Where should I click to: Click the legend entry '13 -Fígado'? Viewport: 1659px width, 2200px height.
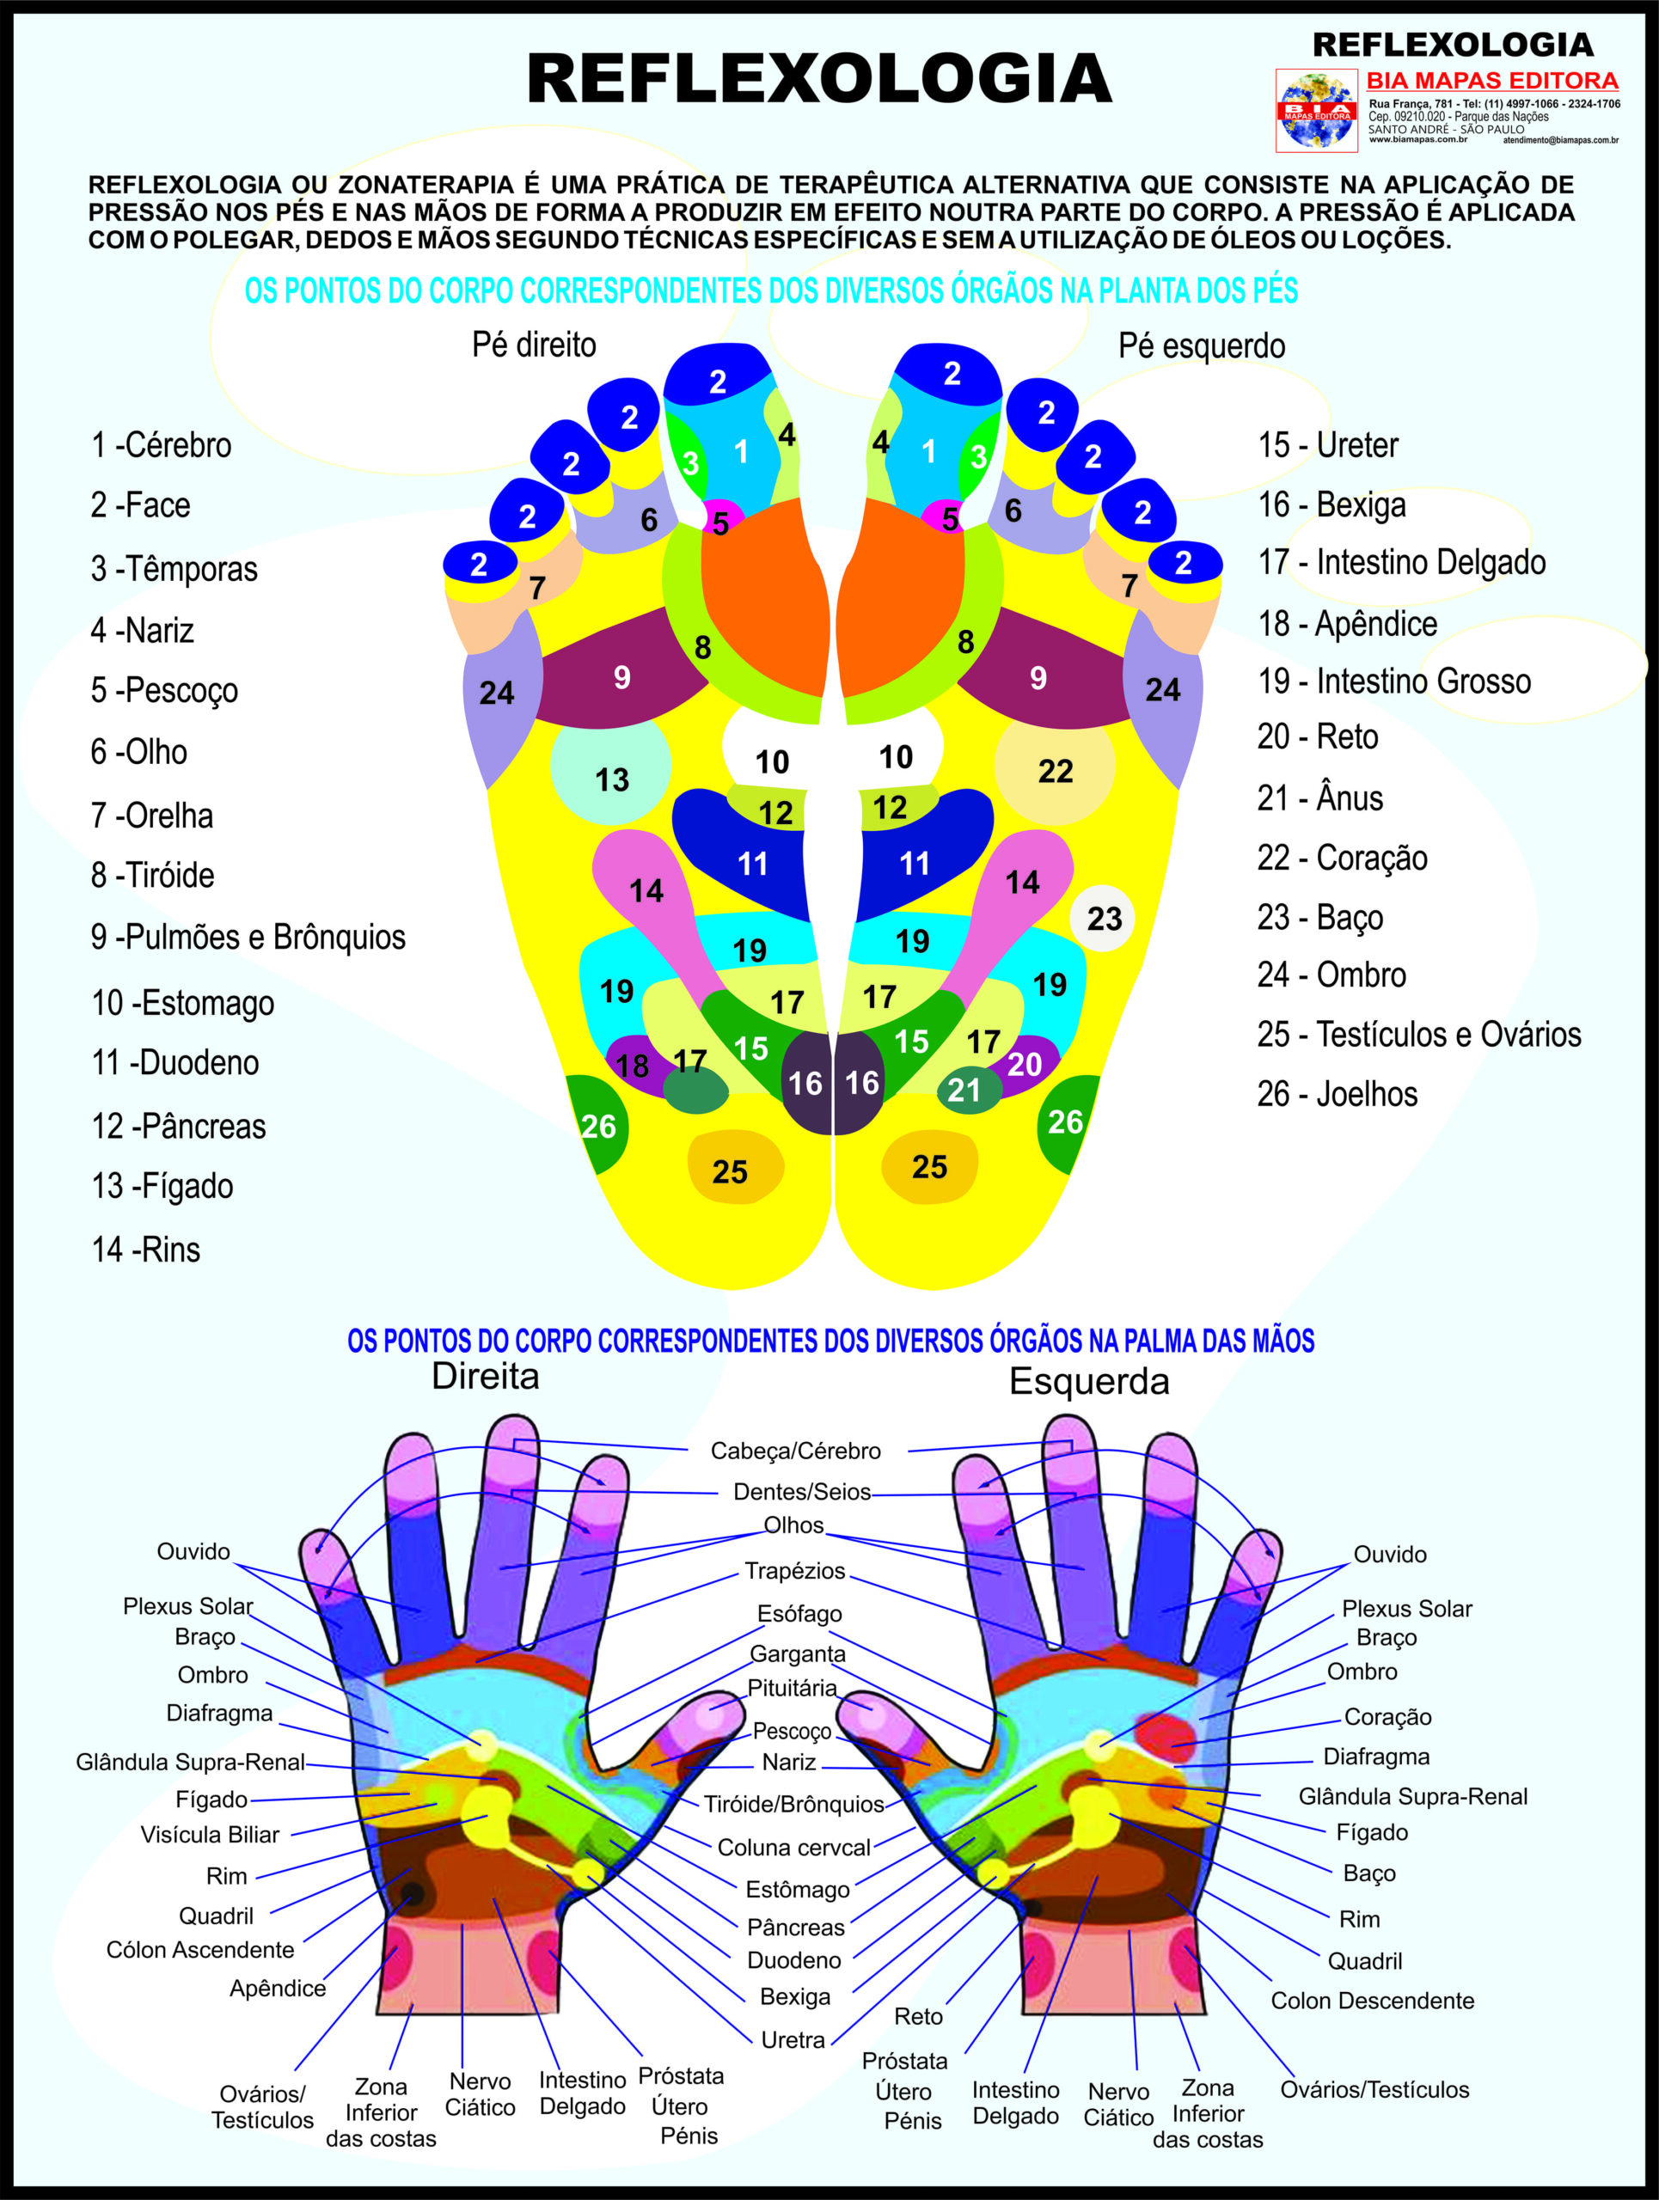tap(162, 1187)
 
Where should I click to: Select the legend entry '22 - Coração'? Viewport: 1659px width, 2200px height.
tap(1342, 858)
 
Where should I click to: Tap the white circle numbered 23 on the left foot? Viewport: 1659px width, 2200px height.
tap(1103, 918)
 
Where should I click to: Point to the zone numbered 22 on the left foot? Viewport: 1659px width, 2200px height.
tap(1054, 771)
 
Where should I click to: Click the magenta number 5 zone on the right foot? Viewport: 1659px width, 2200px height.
tap(720, 519)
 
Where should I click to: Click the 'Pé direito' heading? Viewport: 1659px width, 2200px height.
tap(534, 345)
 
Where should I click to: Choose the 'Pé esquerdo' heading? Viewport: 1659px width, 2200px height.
tap(1202, 346)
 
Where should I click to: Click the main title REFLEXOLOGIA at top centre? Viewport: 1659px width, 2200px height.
tap(818, 80)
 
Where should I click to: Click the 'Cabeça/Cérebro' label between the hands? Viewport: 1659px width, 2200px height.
tap(796, 1451)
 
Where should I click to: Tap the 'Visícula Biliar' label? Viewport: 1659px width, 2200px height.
tap(210, 1835)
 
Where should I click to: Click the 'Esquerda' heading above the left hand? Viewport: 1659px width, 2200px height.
tap(1089, 1382)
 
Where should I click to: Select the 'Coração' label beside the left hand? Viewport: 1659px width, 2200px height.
tap(1387, 1717)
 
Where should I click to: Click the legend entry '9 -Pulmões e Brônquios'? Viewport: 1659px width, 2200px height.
tap(248, 937)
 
